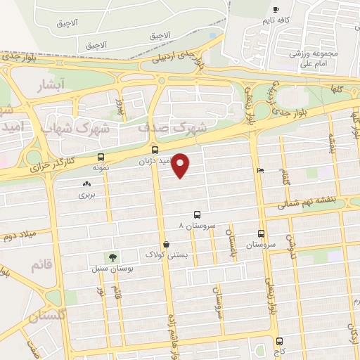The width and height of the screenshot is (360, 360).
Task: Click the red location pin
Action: [181, 165]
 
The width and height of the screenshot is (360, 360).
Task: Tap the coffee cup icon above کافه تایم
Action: [276, 9]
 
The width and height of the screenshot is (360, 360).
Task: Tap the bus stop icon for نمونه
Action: [101, 157]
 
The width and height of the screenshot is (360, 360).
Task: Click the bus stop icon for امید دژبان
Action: [155, 150]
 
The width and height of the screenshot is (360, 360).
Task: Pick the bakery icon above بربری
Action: [86, 184]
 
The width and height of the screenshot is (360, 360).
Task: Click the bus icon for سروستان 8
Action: [196, 215]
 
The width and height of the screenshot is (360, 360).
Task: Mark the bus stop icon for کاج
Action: [278, 340]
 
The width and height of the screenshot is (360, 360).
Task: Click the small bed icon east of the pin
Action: [260, 170]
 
